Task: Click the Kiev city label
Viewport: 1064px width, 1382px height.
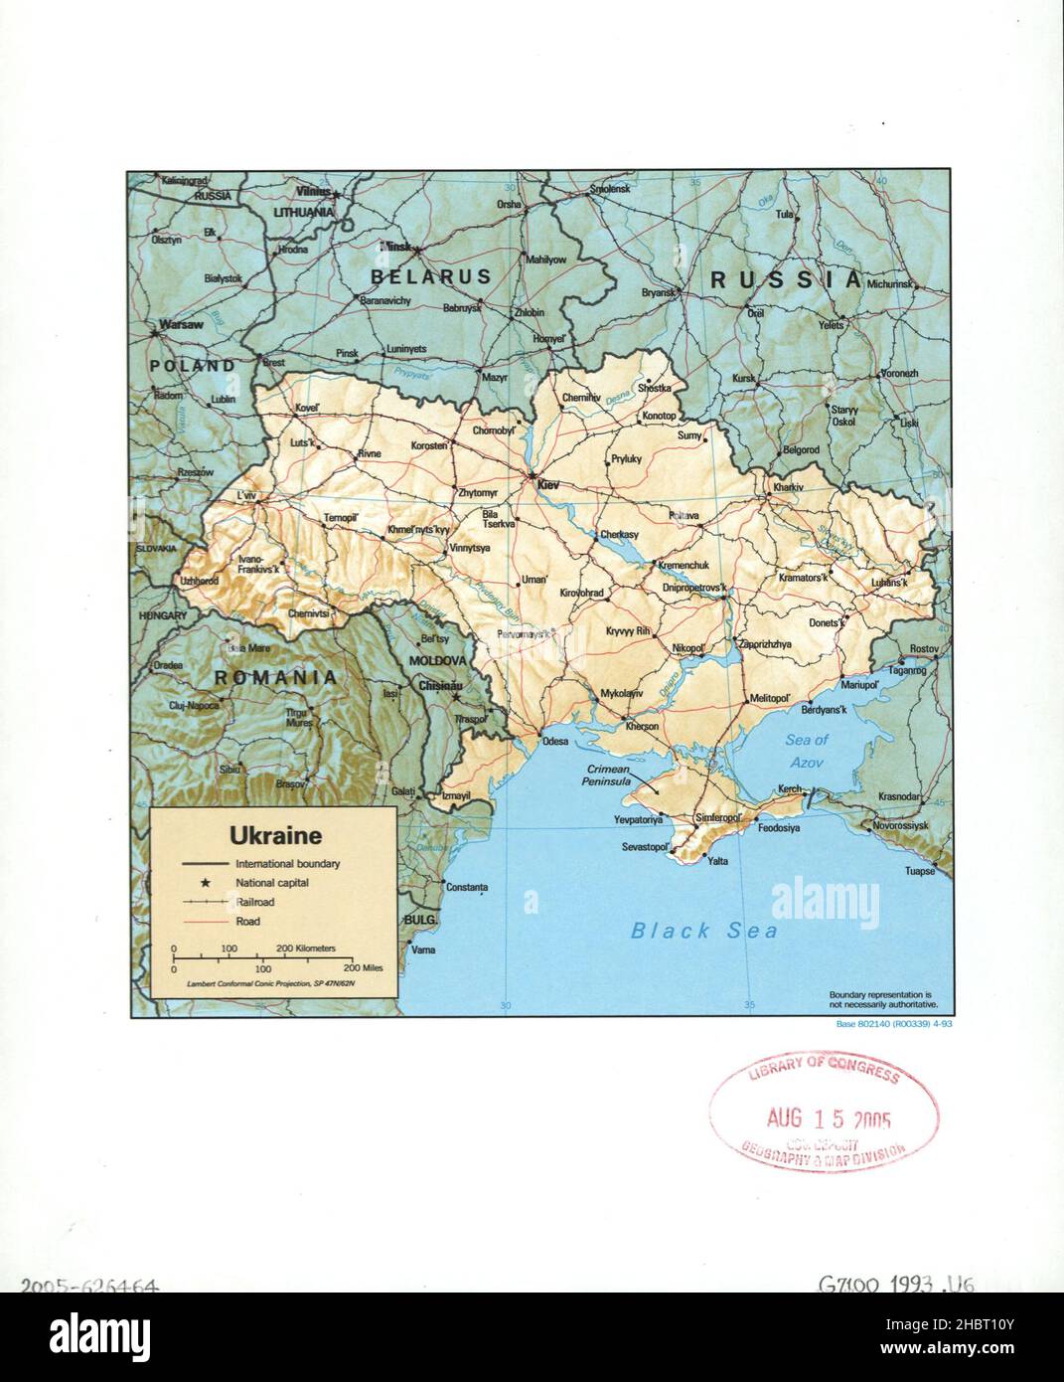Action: click(x=549, y=485)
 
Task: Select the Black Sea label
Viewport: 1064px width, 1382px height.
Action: click(x=704, y=931)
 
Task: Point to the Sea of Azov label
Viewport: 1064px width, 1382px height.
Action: click(x=806, y=750)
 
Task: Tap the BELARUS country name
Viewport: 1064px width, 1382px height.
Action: click(x=431, y=276)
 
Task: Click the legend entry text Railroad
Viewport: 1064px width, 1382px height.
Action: click(x=255, y=902)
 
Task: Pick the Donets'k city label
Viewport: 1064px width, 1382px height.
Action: click(x=825, y=622)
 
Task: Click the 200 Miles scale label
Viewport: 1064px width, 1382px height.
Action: click(x=363, y=967)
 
